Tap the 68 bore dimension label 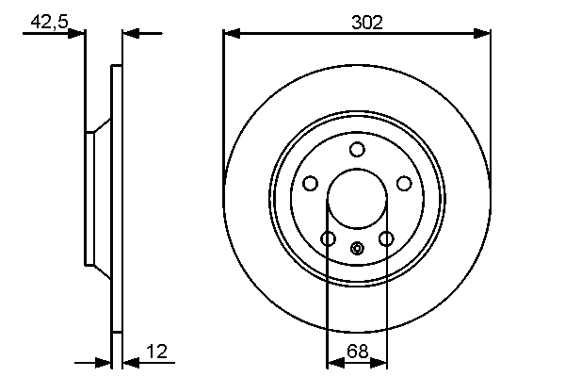pos(358,352)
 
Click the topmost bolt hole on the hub pos(357,149)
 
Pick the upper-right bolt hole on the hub pos(404,184)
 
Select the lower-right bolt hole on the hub pos(386,238)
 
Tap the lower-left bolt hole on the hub pos(328,238)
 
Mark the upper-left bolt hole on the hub pos(310,184)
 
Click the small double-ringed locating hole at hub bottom pos(357,249)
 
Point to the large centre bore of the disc pos(357,199)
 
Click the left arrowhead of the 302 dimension pos(231,34)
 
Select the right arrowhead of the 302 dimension pos(484,34)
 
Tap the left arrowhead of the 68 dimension pos(332,361)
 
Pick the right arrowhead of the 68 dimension pos(382,361)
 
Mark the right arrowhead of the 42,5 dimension pos(130,34)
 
